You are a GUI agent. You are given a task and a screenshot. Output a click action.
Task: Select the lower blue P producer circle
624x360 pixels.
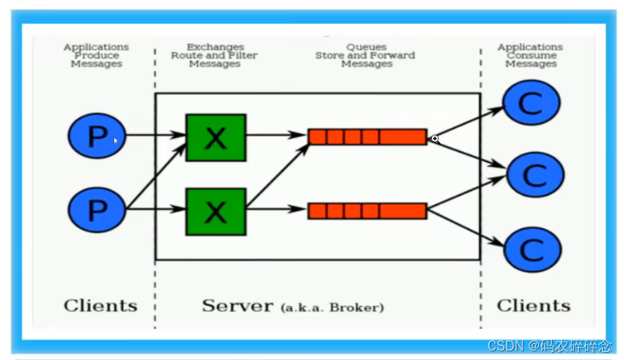[97, 210]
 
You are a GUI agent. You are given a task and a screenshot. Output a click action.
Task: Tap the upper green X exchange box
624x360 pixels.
[215, 136]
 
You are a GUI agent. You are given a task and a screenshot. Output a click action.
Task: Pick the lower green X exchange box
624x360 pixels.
[215, 211]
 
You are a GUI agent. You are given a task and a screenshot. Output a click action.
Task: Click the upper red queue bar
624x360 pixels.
[367, 136]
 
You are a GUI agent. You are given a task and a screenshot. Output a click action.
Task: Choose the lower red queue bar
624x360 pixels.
[367, 211]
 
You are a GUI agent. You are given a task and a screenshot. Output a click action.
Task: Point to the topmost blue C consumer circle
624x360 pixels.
[532, 102]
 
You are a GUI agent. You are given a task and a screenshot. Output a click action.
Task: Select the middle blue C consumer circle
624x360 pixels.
[535, 174]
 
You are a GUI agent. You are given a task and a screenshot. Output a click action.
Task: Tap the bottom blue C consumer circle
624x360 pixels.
[532, 248]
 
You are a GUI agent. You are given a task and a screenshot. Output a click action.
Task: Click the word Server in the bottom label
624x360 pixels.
[237, 306]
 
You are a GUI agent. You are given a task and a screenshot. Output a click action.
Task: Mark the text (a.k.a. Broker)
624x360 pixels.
[332, 308]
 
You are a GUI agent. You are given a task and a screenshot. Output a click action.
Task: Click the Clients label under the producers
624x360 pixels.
[100, 306]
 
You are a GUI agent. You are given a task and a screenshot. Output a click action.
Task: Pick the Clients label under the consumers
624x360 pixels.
[533, 306]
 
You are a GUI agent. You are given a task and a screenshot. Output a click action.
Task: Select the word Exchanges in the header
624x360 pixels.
[215, 47]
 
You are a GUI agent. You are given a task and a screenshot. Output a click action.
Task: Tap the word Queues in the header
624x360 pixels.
[366, 47]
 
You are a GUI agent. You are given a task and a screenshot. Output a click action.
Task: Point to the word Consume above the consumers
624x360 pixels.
[531, 55]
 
